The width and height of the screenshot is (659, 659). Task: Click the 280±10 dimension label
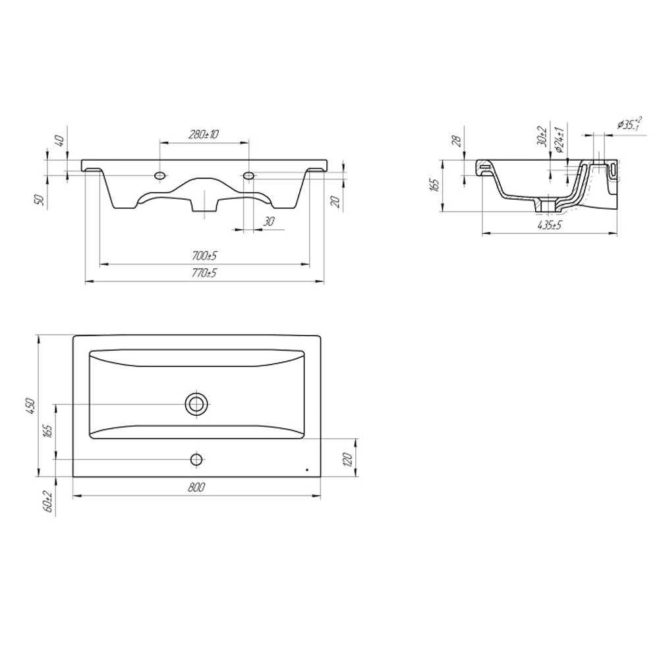pyautogui.click(x=204, y=134)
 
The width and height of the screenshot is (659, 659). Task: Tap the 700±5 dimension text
pyautogui.click(x=205, y=256)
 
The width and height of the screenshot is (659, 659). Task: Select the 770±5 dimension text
pyautogui.click(x=204, y=273)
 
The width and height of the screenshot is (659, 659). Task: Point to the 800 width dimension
pyautogui.click(x=196, y=487)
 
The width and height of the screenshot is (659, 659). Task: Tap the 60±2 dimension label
pyautogui.click(x=47, y=501)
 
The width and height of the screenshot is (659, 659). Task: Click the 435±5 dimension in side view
pyautogui.click(x=550, y=225)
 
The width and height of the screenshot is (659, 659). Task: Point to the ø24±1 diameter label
pyautogui.click(x=559, y=138)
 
